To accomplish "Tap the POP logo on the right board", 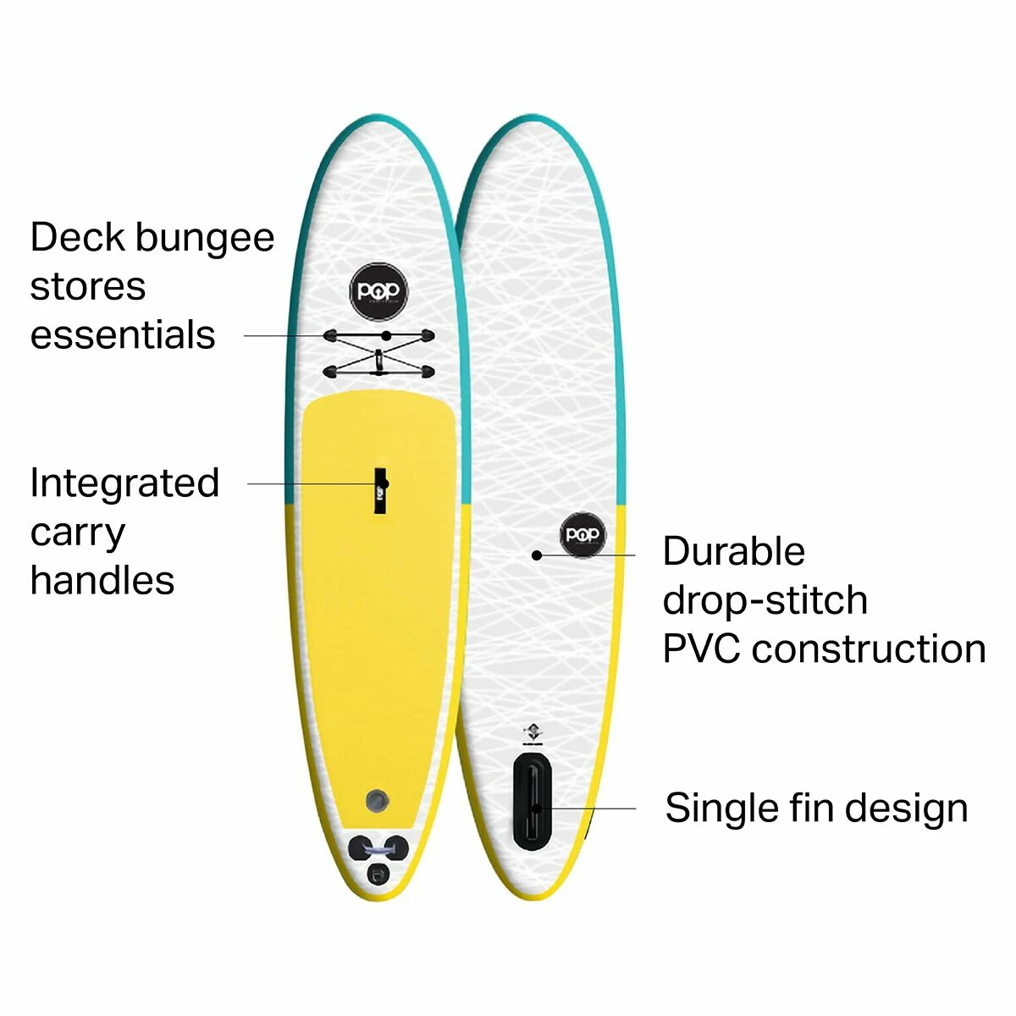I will pyautogui.click(x=583, y=534).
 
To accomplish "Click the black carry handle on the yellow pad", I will pyautogui.click(x=381, y=489).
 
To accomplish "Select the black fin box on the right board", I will pyautogui.click(x=533, y=799).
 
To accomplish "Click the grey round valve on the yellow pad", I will pyautogui.click(x=378, y=799).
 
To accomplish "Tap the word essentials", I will pyautogui.click(x=123, y=335).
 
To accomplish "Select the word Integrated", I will pyautogui.click(x=124, y=484).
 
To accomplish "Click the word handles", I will pyautogui.click(x=102, y=581).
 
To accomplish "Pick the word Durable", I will pyautogui.click(x=733, y=552).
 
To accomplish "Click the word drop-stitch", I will pyautogui.click(x=765, y=601).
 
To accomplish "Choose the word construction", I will pyautogui.click(x=869, y=649).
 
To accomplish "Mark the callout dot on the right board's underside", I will pyautogui.click(x=536, y=555).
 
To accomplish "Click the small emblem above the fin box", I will pyautogui.click(x=532, y=733).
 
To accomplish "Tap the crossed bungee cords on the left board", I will pyautogui.click(x=378, y=353).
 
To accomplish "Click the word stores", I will pyautogui.click(x=88, y=287).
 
